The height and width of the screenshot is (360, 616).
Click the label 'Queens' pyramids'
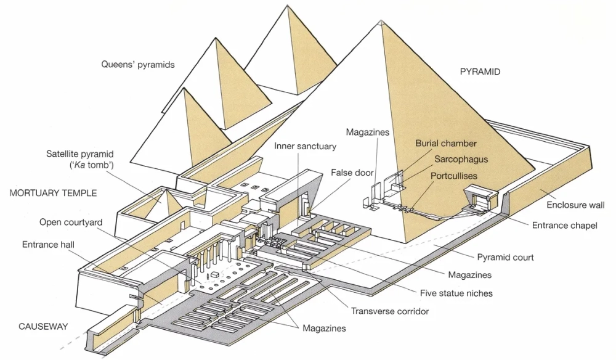(x=139, y=64)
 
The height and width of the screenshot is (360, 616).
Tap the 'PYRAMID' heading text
(x=480, y=72)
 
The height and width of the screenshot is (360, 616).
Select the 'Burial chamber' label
(x=446, y=144)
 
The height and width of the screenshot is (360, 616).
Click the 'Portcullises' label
(x=453, y=176)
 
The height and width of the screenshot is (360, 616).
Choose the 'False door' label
(x=352, y=173)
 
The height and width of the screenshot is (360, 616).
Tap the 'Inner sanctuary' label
(x=306, y=147)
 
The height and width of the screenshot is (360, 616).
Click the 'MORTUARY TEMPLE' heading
(x=54, y=193)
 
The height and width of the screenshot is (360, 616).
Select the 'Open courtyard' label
(x=71, y=222)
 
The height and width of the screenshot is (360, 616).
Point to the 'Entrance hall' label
(x=48, y=245)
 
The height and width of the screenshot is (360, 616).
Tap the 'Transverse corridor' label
(x=390, y=311)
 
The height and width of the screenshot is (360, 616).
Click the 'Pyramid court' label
(x=505, y=257)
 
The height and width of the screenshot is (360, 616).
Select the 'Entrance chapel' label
(x=564, y=226)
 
